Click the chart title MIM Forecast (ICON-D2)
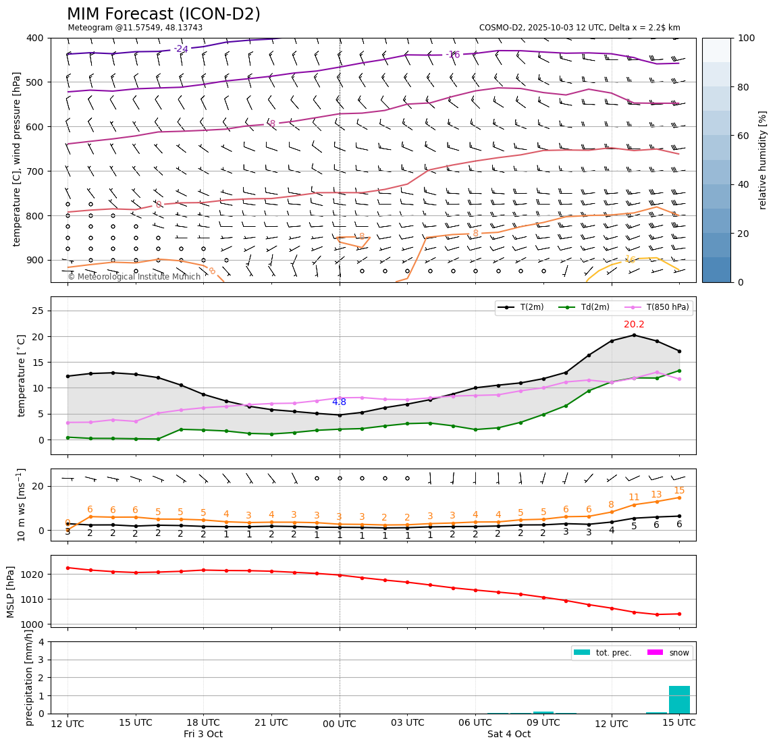coord(163,14)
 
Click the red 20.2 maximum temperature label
coord(634,325)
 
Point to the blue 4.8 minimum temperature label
coord(339,402)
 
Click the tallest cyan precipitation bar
coord(679,699)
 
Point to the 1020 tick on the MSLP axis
coord(35,574)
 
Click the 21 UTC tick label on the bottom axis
coord(271,723)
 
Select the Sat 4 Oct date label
coord(509,735)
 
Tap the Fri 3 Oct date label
coord(203,735)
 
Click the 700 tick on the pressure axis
coord(35,171)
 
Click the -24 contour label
coord(181,49)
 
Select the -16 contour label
coord(452,55)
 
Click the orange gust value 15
coord(679,491)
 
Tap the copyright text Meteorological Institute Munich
coord(134,277)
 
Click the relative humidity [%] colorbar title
coord(763,160)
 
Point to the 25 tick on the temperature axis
coord(39,311)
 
